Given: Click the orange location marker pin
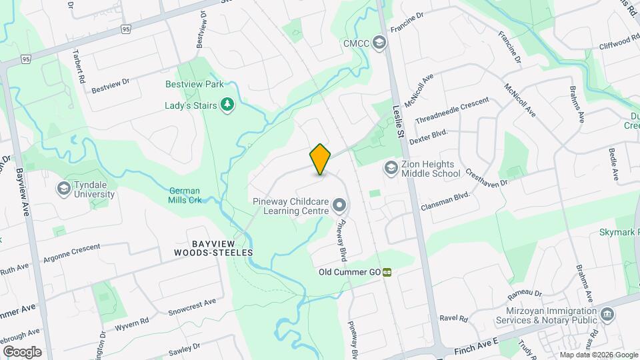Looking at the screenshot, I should [x=320, y=159].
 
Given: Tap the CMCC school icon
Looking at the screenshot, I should [x=379, y=43].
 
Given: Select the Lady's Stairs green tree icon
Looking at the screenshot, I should [x=228, y=105].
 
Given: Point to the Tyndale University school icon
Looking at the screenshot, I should [x=64, y=189].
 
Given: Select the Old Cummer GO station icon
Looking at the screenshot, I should [x=387, y=272].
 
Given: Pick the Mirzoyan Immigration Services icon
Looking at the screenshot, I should [x=607, y=314].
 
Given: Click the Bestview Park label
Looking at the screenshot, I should [x=195, y=85].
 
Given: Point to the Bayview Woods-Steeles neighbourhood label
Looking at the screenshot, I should [x=213, y=247].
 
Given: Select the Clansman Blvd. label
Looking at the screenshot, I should [x=445, y=203].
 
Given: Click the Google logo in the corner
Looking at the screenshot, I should [x=22, y=351].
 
